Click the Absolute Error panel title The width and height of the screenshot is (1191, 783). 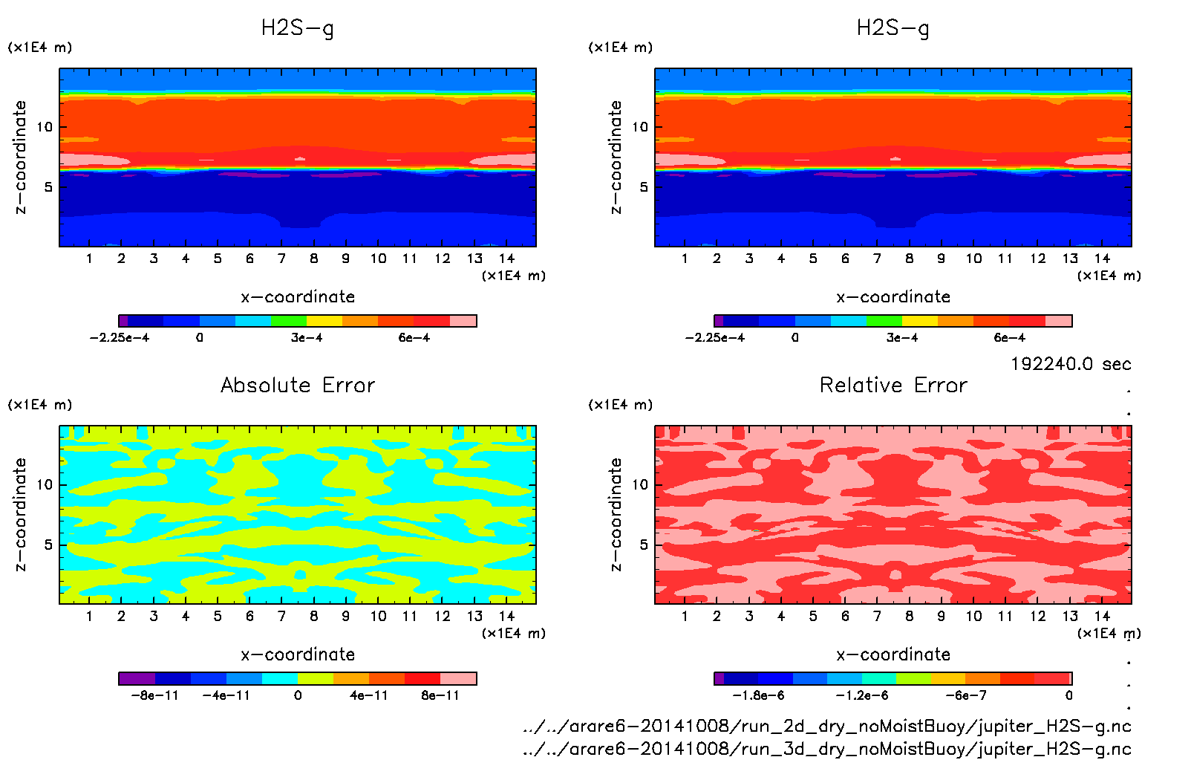(298, 385)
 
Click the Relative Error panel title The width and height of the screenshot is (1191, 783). (893, 385)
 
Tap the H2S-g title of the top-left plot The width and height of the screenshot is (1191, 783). (298, 28)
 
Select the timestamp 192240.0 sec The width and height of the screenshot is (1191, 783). (1071, 364)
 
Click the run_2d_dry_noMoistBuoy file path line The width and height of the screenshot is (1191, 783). (827, 726)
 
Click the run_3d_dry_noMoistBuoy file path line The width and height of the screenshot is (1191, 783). (827, 748)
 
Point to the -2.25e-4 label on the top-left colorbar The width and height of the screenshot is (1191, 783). (120, 338)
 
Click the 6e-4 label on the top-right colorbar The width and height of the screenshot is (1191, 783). (1010, 338)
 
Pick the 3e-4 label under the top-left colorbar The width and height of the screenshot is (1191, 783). (307, 338)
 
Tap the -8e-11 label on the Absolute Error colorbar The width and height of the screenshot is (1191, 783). (154, 696)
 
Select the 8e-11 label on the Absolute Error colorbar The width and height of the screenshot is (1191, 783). (440, 696)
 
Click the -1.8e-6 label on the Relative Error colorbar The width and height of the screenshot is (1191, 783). (758, 696)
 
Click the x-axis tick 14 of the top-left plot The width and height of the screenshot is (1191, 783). (506, 259)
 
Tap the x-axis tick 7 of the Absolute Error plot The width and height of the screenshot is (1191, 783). (281, 616)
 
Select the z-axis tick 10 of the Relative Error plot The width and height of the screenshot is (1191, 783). (640, 485)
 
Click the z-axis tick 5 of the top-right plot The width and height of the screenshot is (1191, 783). (644, 187)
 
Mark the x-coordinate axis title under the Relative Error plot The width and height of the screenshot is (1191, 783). (893, 654)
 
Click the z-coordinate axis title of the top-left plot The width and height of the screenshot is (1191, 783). (20, 157)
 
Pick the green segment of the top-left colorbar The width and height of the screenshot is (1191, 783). (289, 321)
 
